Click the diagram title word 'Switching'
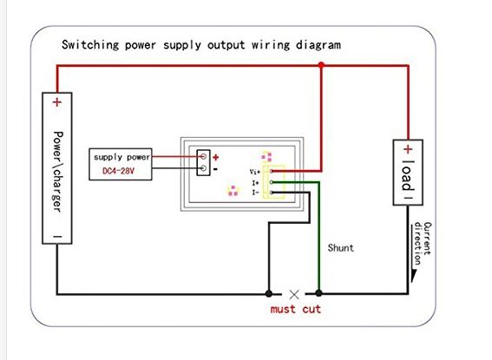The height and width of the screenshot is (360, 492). click(x=90, y=44)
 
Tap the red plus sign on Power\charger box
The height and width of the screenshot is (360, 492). click(x=56, y=102)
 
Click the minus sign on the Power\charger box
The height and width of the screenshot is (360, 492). click(x=57, y=236)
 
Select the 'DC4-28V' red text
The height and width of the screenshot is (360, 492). click(x=118, y=171)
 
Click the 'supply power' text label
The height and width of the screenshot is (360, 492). click(x=122, y=157)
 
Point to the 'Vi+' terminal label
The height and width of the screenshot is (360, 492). click(x=255, y=172)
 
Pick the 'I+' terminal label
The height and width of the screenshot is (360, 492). click(x=255, y=182)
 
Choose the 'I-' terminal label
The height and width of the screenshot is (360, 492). click(x=255, y=193)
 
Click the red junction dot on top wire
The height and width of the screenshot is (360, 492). click(x=321, y=65)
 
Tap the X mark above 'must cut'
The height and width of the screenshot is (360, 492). click(x=294, y=294)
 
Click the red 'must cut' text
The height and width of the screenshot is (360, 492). click(x=296, y=309)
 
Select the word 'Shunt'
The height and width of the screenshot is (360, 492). click(x=341, y=248)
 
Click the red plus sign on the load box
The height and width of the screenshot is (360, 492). click(x=408, y=149)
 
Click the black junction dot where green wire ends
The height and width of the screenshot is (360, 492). click(x=318, y=293)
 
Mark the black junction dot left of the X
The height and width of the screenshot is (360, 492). click(x=269, y=293)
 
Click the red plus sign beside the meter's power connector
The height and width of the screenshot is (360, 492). click(x=215, y=157)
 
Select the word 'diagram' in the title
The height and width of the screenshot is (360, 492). click(x=318, y=45)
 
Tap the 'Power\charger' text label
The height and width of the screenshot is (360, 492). click(x=58, y=172)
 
